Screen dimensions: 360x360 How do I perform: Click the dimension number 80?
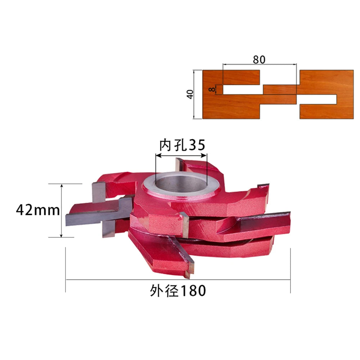259,59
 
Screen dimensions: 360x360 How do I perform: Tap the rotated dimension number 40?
190,94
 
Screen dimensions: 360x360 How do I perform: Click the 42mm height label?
38,210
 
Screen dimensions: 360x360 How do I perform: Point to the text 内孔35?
182,145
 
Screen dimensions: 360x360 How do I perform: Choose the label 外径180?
178,291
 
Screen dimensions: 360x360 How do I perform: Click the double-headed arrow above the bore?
181,156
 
